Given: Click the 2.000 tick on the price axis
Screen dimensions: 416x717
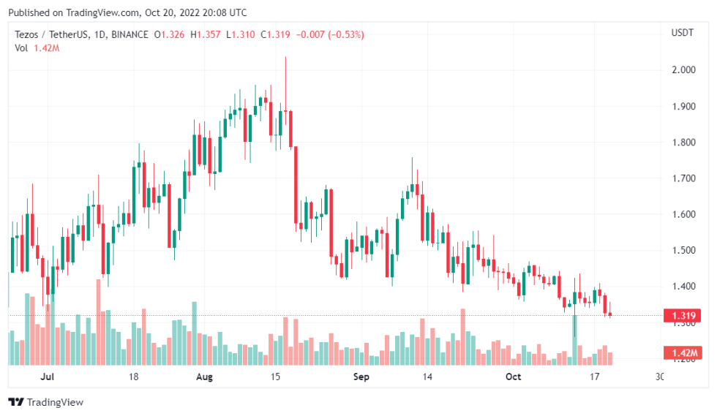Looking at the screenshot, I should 683,70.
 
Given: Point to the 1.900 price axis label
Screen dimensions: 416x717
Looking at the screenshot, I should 683,106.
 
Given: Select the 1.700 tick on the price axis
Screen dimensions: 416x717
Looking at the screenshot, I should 683,178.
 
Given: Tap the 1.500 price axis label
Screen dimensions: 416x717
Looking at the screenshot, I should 683,250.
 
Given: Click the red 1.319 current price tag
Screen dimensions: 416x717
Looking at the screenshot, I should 682,316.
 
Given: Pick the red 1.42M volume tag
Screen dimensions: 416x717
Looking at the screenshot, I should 682,353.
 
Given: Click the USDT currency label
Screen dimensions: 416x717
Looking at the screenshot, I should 682,33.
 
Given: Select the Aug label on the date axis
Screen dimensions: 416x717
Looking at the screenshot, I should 205,377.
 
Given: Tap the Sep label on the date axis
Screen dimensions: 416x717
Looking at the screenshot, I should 361,377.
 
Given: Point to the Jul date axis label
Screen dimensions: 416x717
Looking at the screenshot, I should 48,377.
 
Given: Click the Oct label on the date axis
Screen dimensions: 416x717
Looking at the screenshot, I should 514,377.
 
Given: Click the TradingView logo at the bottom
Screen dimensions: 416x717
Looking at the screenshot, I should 45,402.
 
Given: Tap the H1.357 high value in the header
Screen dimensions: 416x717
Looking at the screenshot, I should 206,34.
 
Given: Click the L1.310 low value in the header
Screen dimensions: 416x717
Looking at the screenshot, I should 241,34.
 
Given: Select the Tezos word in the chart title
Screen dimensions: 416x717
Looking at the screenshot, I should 28,34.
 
